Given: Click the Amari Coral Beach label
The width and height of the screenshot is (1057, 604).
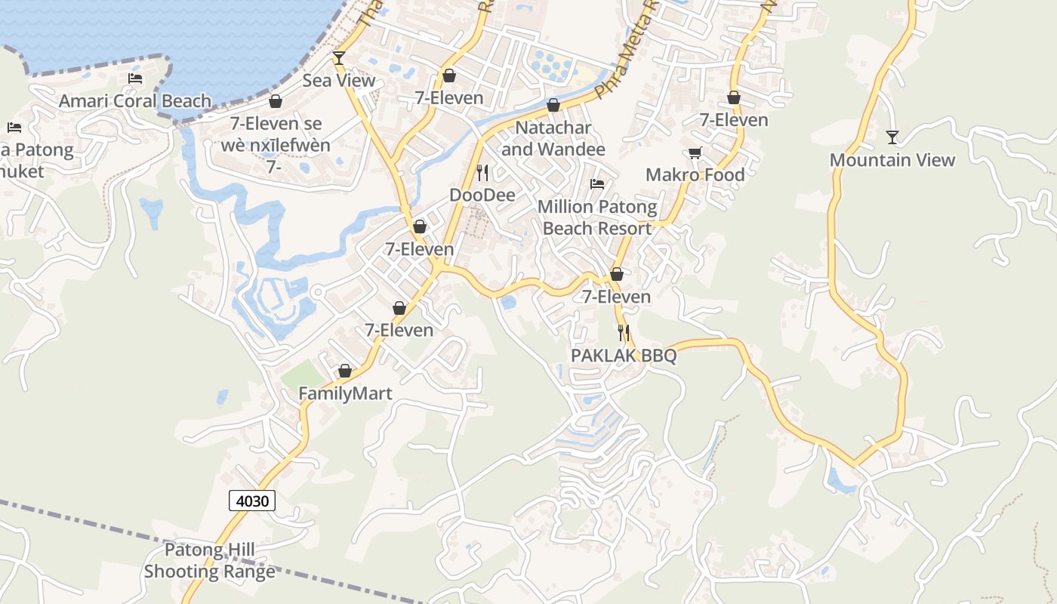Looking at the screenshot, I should (135, 101).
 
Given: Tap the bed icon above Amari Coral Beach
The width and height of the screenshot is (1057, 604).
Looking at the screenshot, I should (135, 79).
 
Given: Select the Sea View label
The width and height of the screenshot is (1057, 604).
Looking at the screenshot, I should (339, 81).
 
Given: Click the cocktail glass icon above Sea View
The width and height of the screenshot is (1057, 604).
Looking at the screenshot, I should (339, 58).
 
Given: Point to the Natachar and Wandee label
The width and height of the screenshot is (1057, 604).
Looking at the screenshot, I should (553, 138).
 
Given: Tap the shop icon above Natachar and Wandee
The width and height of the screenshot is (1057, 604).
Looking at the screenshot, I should (553, 105).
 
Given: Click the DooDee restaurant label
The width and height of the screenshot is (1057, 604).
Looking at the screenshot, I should (482, 196).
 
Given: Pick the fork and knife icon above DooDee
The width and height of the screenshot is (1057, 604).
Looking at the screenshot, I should (482, 173).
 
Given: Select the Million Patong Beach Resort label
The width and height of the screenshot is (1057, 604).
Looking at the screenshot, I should (597, 217).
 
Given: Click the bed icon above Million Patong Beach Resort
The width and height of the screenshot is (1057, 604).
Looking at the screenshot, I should (597, 184).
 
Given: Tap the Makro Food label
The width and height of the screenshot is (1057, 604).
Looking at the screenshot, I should (695, 175).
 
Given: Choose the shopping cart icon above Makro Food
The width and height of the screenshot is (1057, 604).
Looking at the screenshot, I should (695, 153).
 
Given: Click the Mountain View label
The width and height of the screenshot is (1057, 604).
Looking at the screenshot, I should (892, 160).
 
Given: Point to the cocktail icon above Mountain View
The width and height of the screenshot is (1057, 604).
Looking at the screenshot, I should (892, 137).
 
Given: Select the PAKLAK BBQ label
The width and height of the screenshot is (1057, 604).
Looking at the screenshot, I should (624, 356).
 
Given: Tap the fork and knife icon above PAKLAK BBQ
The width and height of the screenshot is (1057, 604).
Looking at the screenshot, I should (624, 332).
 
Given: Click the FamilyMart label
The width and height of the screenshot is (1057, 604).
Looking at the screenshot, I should (345, 393).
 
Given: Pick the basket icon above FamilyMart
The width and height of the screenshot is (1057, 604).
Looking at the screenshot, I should (345, 371).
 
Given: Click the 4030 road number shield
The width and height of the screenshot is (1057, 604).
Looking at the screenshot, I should (251, 500).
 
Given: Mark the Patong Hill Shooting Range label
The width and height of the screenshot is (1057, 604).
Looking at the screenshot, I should (210, 561).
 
